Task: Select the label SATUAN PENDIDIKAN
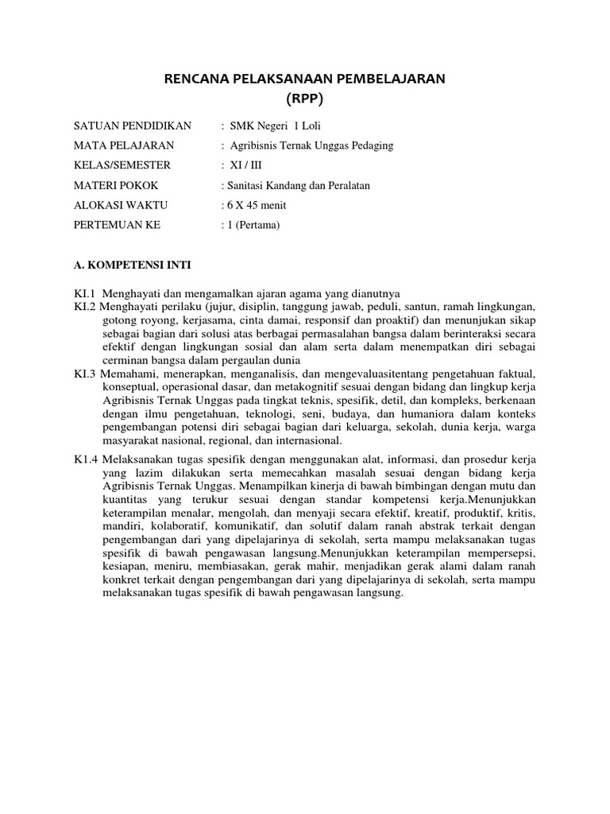point(133,126)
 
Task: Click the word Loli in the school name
point(313,126)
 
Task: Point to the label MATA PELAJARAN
point(124,145)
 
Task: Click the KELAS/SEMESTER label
point(122,165)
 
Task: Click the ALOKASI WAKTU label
point(121,205)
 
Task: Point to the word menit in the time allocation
point(272,205)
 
